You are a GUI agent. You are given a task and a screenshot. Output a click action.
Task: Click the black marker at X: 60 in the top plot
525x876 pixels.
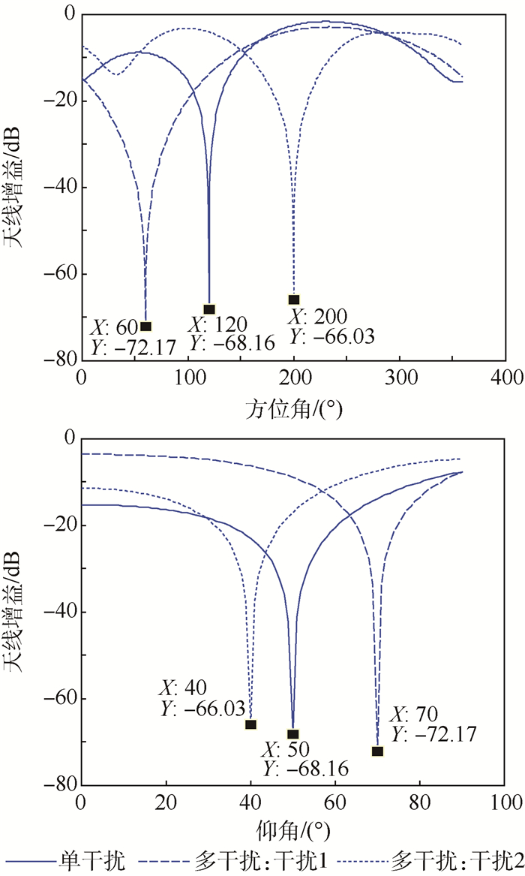pyautogui.click(x=145, y=327)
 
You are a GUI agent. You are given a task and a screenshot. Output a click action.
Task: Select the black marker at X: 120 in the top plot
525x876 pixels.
pyautogui.click(x=209, y=309)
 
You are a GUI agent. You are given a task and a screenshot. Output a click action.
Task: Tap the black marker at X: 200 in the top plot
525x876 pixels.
pyautogui.click(x=294, y=300)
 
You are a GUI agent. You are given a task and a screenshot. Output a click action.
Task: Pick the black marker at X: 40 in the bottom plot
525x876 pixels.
pyautogui.click(x=250, y=724)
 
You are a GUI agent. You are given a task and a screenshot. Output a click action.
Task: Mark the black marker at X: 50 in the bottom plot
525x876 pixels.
pyautogui.click(x=293, y=735)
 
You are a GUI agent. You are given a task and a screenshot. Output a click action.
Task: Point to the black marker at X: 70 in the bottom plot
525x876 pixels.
pyautogui.click(x=377, y=751)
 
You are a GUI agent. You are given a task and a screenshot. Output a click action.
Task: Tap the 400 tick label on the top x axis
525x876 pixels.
pyautogui.click(x=507, y=375)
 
